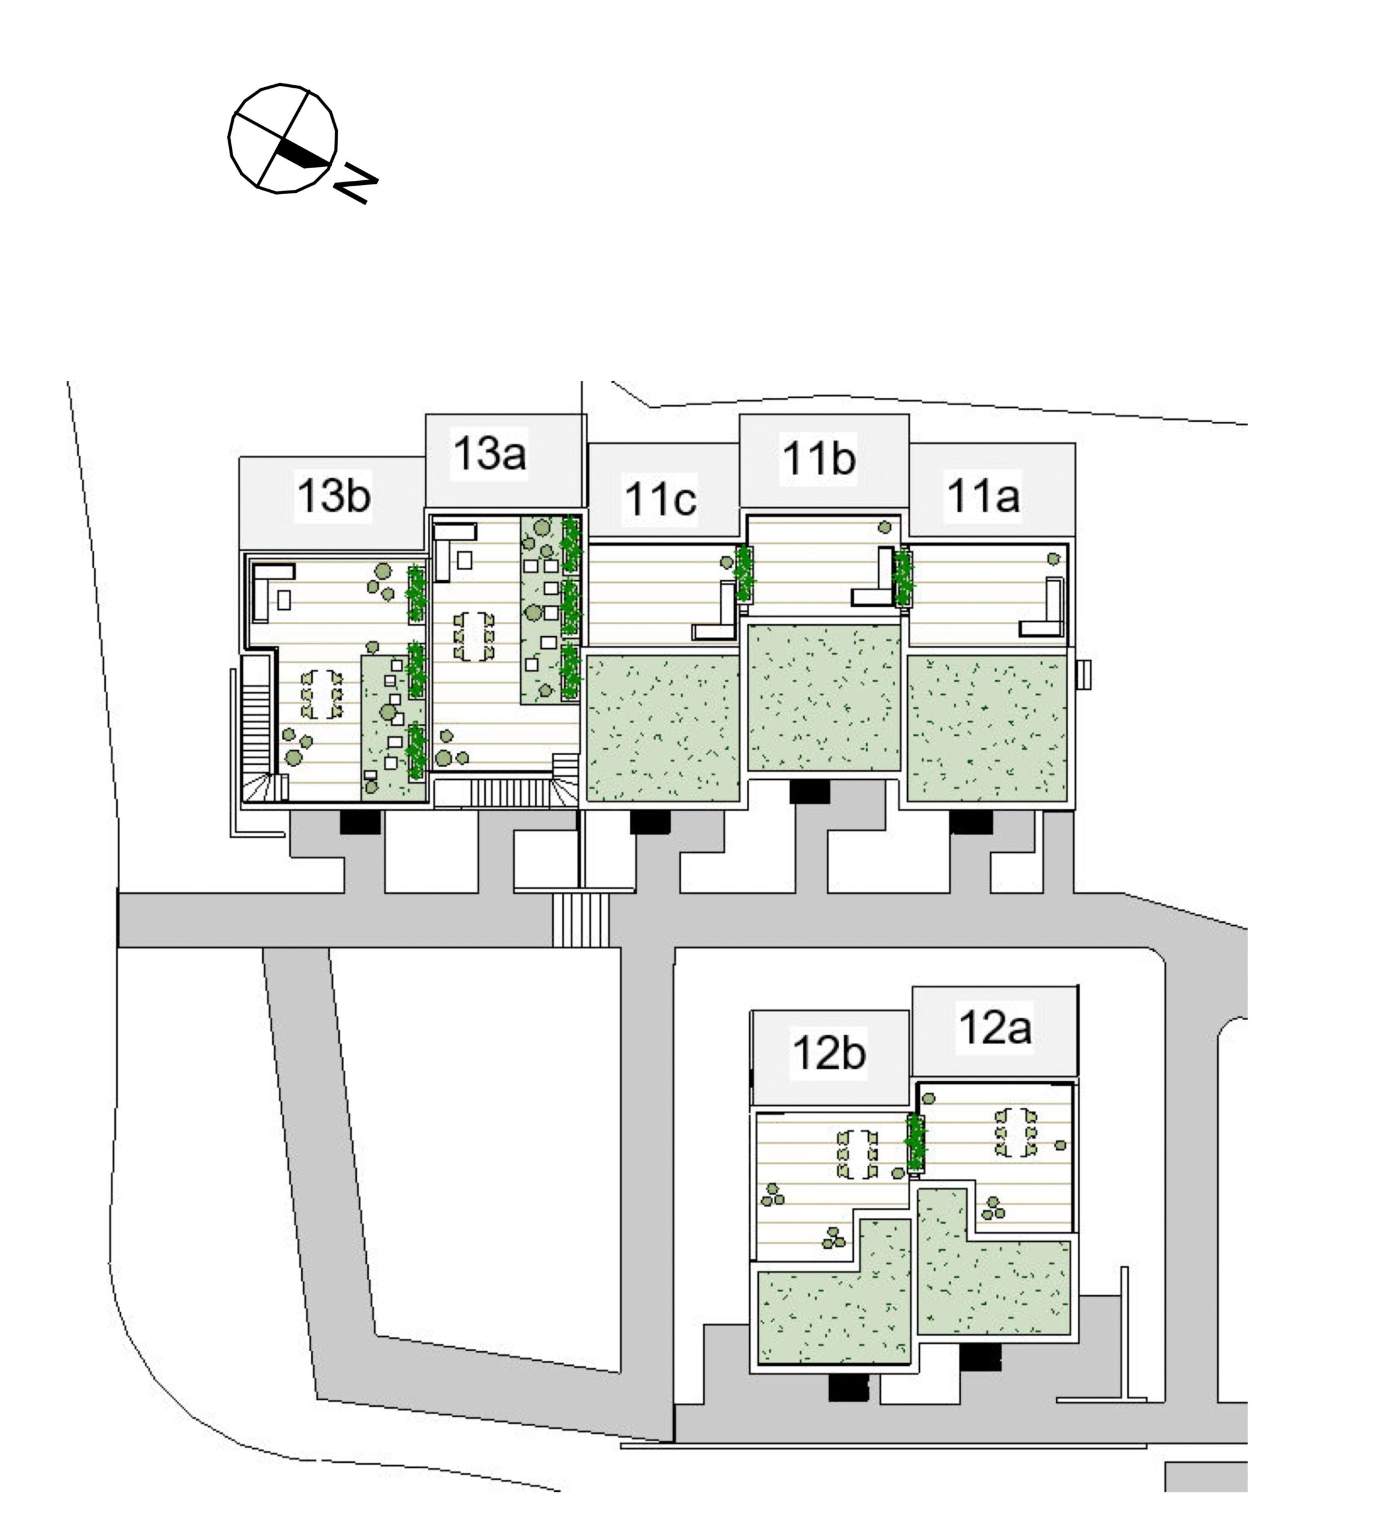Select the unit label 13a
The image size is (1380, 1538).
tap(489, 453)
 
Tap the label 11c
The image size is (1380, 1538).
tap(660, 499)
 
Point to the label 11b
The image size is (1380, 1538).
tap(819, 458)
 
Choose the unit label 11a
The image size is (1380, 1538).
tap(983, 496)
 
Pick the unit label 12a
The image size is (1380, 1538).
tap(995, 1027)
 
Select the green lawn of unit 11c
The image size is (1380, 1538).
tap(663, 729)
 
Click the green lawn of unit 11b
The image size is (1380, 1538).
tap(824, 698)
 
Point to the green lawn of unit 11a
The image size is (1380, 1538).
tap(987, 729)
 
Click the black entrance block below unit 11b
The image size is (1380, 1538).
tap(809, 792)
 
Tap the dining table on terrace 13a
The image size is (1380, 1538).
tap(474, 636)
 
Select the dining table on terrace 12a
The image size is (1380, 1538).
tap(1015, 1132)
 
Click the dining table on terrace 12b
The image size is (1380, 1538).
tap(857, 1154)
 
